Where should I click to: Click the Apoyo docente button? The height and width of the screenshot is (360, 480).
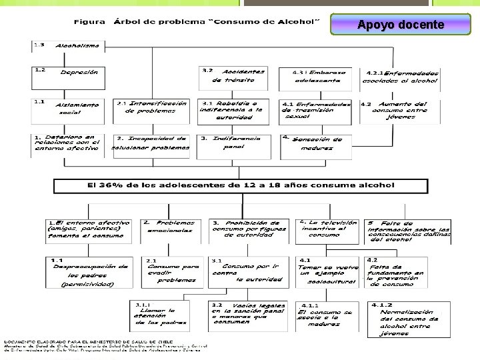tap(400, 25)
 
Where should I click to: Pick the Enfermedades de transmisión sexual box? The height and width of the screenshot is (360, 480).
tap(319, 110)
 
